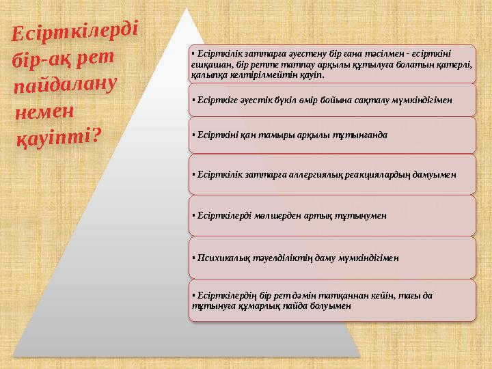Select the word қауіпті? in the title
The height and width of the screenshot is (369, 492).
[59, 137]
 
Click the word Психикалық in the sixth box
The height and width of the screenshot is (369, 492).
[218, 258]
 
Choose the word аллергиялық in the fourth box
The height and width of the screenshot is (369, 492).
[303, 174]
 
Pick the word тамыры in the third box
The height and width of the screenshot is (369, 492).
[271, 134]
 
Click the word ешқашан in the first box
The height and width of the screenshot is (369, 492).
[209, 64]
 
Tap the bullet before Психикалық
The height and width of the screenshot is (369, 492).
[193, 258]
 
